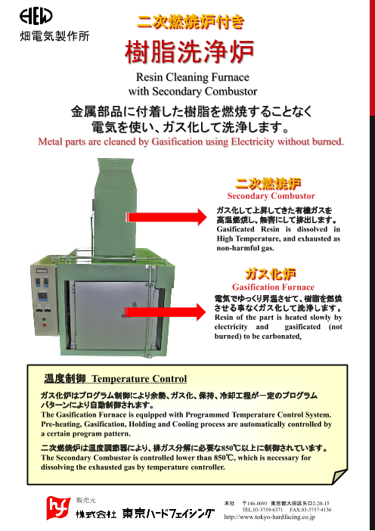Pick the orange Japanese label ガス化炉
click(270, 273)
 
